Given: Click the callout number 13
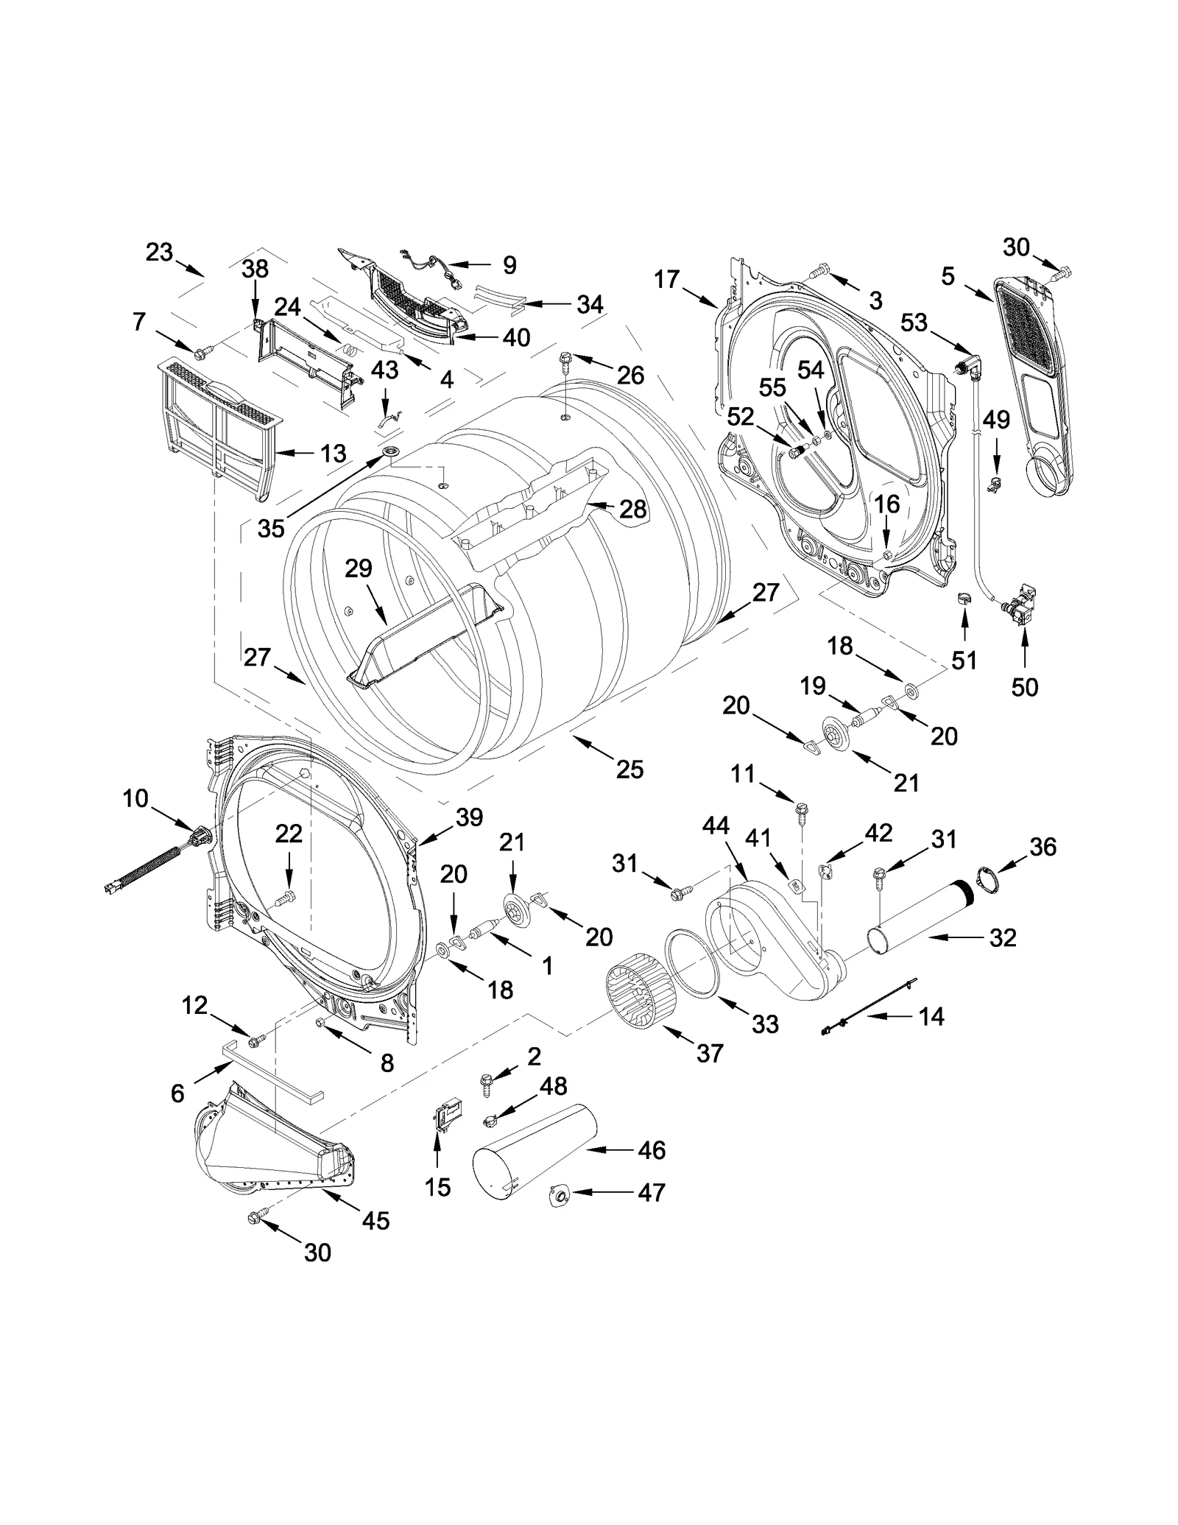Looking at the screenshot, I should pyautogui.click(x=333, y=453).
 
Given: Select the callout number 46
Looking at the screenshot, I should pyautogui.click(x=652, y=1149).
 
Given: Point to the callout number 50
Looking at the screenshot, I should pyautogui.click(x=1024, y=687).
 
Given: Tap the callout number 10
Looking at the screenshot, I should pyautogui.click(x=135, y=797).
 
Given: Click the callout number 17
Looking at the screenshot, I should pyautogui.click(x=666, y=279).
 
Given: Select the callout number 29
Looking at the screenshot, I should pyautogui.click(x=359, y=568).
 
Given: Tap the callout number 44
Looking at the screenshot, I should pyautogui.click(x=714, y=825).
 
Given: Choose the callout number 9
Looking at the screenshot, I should pyautogui.click(x=509, y=264).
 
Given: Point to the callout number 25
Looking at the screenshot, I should pyautogui.click(x=629, y=769).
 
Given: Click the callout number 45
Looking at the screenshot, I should pyautogui.click(x=375, y=1220).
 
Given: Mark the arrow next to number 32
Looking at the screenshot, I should pyautogui.click(x=950, y=937).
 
